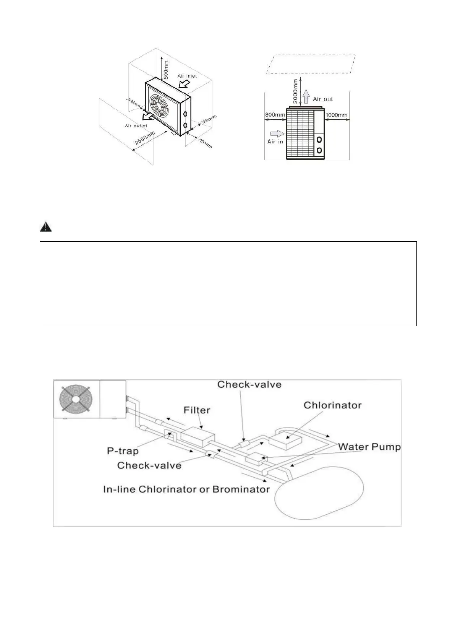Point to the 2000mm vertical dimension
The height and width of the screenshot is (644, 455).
pyautogui.click(x=296, y=91)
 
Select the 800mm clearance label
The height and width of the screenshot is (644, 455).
pyautogui.click(x=275, y=115)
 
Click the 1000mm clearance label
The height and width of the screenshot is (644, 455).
pyautogui.click(x=336, y=115)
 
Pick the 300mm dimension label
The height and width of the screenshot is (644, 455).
pyautogui.click(x=209, y=121)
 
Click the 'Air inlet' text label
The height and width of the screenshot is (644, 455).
pyautogui.click(x=187, y=76)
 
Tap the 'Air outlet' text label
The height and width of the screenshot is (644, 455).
pyautogui.click(x=136, y=126)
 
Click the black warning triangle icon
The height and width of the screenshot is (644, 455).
pyautogui.click(x=45, y=227)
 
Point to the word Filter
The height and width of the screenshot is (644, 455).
pyautogui.click(x=197, y=410)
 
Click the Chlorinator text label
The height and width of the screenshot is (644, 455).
pyautogui.click(x=332, y=405)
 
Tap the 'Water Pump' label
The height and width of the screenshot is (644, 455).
pyautogui.click(x=369, y=447)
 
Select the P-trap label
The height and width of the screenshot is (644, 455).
pyautogui.click(x=123, y=451)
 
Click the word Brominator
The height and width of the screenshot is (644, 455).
pyautogui.click(x=241, y=489)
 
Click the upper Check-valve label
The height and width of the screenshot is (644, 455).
pyautogui.click(x=249, y=384)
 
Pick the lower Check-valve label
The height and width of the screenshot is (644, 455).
pyautogui.click(x=149, y=465)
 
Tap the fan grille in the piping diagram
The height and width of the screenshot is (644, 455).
pyautogui.click(x=76, y=399)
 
